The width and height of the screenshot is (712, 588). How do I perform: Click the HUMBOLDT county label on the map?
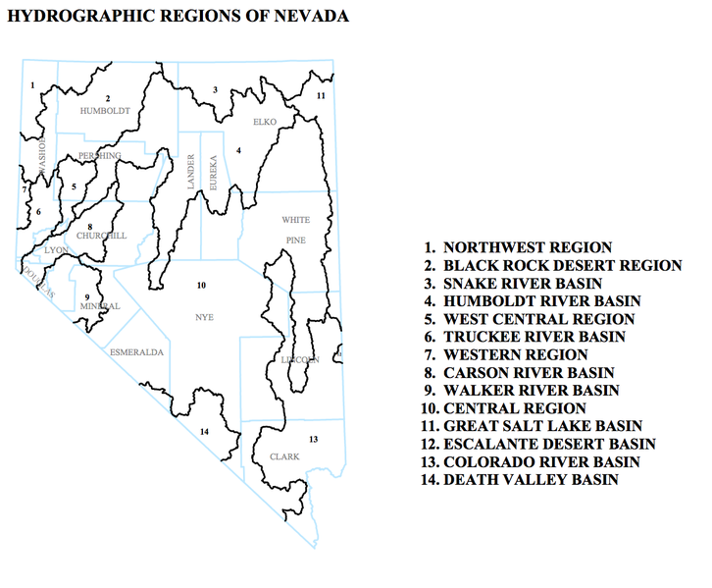coord(105,111)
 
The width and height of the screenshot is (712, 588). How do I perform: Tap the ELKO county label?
coord(266,122)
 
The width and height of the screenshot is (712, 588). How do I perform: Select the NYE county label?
coord(204,317)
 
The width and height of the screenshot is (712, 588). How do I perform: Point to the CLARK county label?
coord(284,457)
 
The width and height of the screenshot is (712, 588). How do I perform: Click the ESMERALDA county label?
coord(136,351)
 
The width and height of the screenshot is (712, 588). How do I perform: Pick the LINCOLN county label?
coord(300,360)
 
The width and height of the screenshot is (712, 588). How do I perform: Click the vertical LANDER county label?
coord(191,172)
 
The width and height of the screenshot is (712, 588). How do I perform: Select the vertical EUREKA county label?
coord(212,172)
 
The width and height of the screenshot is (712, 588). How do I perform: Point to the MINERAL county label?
coord(100,306)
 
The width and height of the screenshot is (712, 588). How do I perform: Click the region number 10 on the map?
coord(201,286)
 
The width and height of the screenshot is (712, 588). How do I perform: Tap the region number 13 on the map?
coord(313,439)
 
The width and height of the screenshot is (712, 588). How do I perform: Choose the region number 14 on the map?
coord(204,432)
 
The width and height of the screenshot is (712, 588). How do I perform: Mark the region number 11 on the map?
coord(321,95)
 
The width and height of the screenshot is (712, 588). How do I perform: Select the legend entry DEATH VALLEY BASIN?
coord(531,479)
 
